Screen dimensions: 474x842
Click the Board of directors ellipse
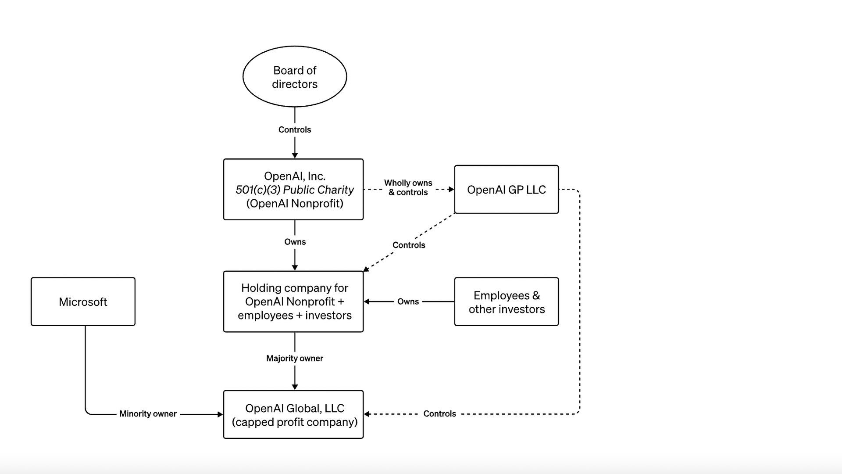(295, 77)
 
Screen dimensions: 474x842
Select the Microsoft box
(83, 302)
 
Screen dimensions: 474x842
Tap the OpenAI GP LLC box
(506, 190)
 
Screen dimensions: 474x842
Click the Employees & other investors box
(506, 302)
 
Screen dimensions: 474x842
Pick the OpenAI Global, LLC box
(293, 414)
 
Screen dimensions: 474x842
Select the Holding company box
(293, 302)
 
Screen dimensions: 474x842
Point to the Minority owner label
(148, 414)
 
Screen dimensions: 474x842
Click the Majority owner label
(295, 358)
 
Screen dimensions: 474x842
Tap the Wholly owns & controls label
(408, 187)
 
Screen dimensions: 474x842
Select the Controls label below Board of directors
(295, 129)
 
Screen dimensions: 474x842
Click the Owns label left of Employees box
(408, 302)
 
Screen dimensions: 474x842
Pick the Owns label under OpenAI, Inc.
(295, 242)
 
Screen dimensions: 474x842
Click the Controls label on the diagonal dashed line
(409, 245)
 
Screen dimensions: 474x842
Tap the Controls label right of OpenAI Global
(439, 414)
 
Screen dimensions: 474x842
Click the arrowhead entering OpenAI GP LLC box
(451, 190)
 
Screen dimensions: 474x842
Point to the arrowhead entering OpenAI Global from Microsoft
(220, 414)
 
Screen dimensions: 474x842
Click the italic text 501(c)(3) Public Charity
(295, 190)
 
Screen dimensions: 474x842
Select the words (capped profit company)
(295, 422)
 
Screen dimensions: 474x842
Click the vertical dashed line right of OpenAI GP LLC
(580, 303)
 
